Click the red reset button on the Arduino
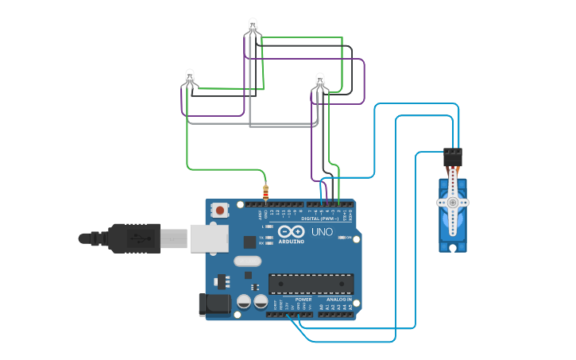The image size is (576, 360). pos(219,211)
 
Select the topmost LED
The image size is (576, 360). pos(253,25)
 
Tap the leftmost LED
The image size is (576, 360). pos(189,77)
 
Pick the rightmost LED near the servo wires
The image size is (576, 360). pos(320,79)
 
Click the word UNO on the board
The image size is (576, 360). pos(322,232)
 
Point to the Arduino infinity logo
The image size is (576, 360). pos(291,230)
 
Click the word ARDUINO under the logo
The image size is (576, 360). pos(291,241)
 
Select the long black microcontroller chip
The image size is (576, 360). pos(311,284)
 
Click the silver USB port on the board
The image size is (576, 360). pos(206,237)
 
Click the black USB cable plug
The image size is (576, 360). pos(135,237)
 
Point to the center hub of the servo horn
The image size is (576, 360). pos(452,202)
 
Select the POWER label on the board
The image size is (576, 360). pos(303,299)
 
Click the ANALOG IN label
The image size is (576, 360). pos(338,299)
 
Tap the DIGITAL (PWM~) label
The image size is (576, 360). pos(320,218)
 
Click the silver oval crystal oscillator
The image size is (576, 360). pos(247,261)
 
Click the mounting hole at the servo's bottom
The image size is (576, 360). pos(452,246)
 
